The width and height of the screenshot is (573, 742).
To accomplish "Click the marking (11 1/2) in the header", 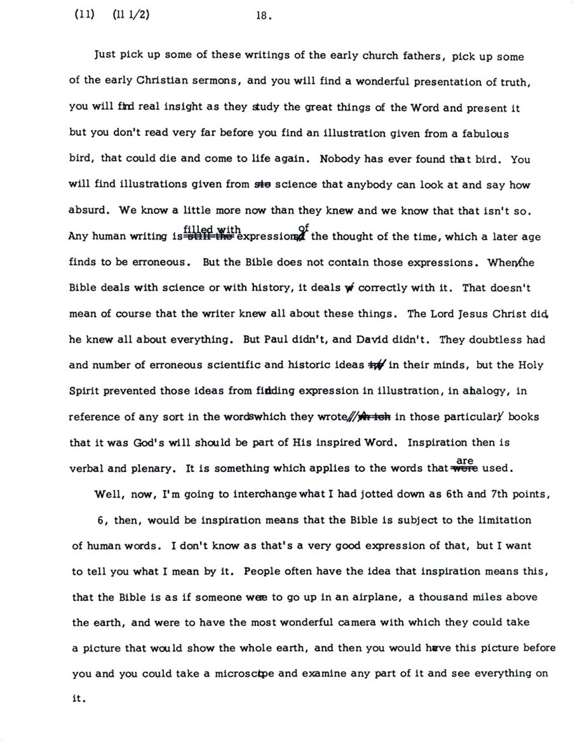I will coord(131,17).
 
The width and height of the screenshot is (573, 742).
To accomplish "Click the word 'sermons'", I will coord(216,82).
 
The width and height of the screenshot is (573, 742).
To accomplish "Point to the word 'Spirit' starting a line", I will coord(84,391).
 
